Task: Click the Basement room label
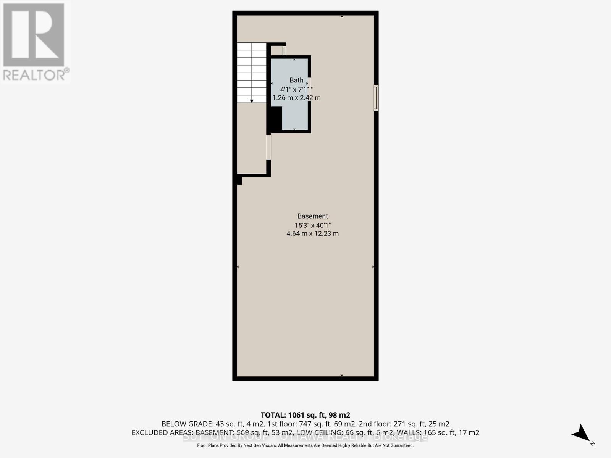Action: point(312,216)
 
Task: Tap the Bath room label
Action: point(296,80)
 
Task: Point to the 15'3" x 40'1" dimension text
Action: point(312,225)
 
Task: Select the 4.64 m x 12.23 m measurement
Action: point(312,234)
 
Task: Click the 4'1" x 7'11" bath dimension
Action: point(296,89)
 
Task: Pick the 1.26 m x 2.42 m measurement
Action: point(296,98)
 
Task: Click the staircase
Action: point(251,73)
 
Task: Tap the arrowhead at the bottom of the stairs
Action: point(252,101)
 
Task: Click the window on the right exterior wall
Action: point(376,98)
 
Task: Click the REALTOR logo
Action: point(35,42)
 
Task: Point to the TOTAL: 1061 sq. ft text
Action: point(305,415)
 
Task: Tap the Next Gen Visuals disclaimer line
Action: point(305,445)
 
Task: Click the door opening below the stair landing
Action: point(268,147)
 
